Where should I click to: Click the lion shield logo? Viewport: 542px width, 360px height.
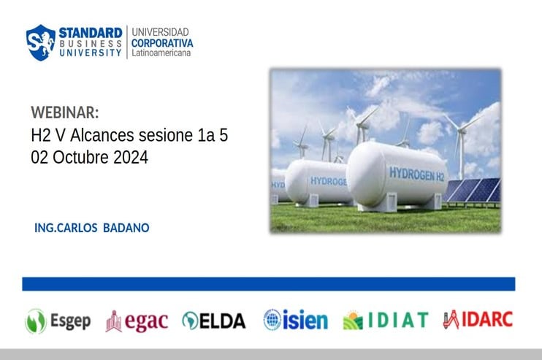(41, 42)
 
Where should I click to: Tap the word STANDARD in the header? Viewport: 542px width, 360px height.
(91, 33)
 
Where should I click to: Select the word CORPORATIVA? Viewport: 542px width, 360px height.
(162, 43)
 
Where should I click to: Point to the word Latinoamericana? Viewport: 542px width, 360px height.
(161, 53)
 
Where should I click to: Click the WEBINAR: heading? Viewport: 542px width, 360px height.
(64, 112)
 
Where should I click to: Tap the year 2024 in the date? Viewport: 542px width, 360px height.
(131, 157)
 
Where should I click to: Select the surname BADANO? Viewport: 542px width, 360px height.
(126, 228)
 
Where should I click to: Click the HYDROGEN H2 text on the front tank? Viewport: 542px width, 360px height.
(416, 174)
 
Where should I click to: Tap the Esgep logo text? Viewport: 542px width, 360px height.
(71, 321)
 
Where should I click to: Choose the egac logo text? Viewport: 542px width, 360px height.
(146, 321)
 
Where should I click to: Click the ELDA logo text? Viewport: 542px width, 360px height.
(222, 321)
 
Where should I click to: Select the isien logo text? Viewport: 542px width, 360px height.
(305, 320)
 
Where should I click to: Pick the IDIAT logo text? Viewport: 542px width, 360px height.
(398, 320)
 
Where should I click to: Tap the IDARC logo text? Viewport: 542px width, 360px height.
(487, 319)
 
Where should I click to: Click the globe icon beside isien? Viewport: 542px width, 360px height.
(272, 320)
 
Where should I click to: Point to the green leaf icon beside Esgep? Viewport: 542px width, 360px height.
(36, 321)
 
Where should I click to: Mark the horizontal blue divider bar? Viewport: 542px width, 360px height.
(269, 284)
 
